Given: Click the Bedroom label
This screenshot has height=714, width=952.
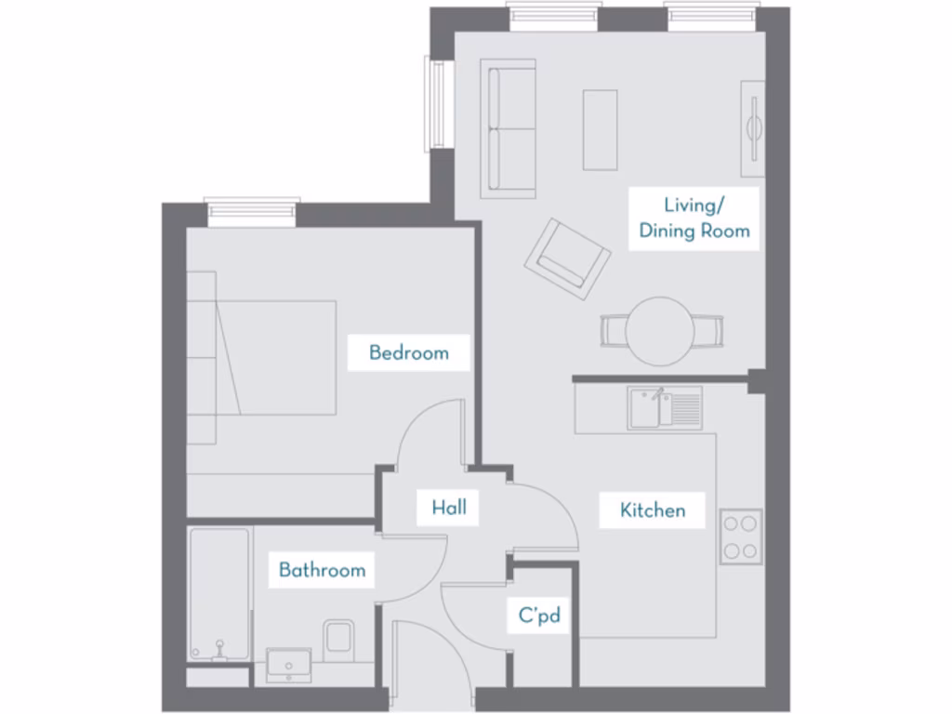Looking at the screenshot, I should [x=408, y=353].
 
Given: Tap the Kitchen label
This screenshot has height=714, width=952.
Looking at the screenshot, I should [x=653, y=510].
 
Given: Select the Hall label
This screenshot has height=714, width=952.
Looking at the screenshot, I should [x=449, y=508].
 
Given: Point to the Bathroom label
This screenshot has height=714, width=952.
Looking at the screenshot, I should [x=322, y=570].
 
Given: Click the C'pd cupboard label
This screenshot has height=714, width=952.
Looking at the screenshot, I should [x=539, y=615].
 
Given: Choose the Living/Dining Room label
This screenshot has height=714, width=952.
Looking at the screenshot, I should [x=694, y=218].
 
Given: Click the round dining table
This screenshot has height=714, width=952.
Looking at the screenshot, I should [x=660, y=330].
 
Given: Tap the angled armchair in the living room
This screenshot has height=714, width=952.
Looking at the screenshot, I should [x=567, y=258].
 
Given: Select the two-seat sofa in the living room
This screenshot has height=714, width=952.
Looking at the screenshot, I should [x=509, y=128].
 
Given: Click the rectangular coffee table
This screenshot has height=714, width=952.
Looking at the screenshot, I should [x=601, y=129].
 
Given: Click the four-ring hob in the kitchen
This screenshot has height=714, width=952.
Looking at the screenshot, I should [x=741, y=537].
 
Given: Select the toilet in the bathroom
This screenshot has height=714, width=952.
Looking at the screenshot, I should [x=339, y=639].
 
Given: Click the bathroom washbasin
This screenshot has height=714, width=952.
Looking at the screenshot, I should [x=289, y=664].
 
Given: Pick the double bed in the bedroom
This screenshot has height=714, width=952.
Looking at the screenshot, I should [x=265, y=357].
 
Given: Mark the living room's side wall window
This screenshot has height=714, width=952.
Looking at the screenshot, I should [x=436, y=103].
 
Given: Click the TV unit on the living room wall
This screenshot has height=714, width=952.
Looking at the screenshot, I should [x=752, y=128].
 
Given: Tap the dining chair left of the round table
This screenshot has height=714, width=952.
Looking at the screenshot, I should [x=614, y=330].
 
